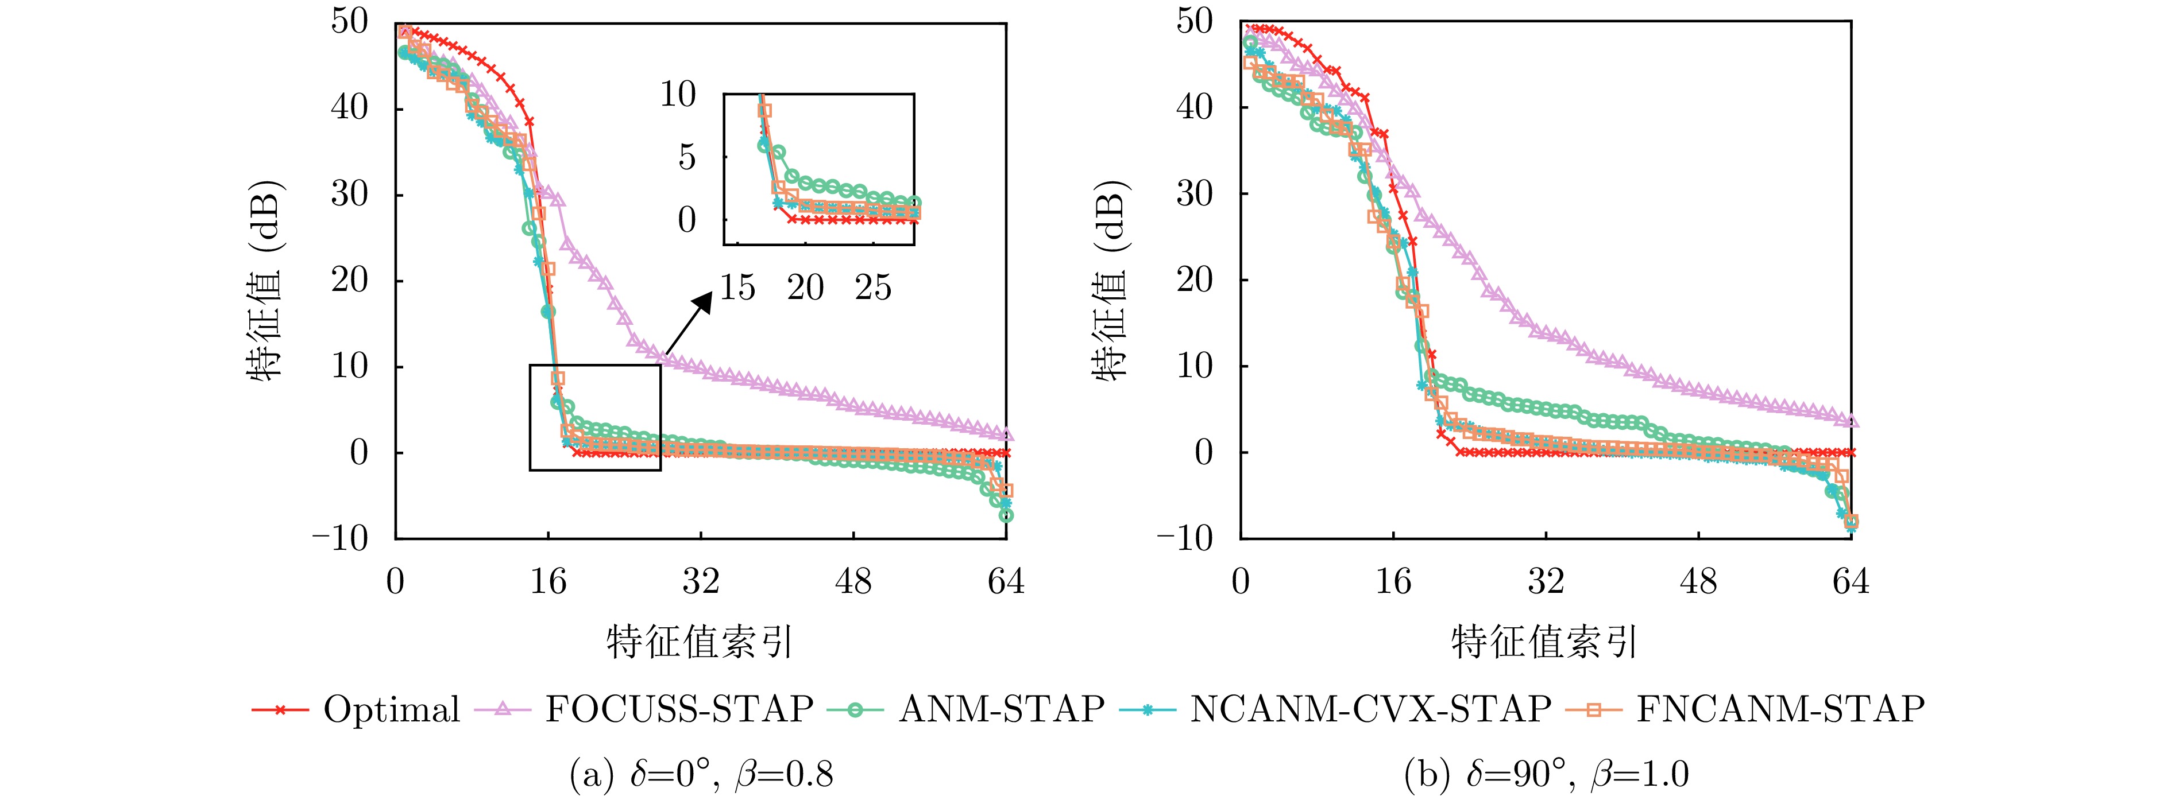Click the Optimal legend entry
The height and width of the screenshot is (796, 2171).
click(392, 709)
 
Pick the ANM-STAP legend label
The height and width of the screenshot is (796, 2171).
click(1001, 709)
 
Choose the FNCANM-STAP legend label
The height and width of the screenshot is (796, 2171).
click(1780, 709)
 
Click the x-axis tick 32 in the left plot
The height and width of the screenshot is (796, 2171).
click(700, 581)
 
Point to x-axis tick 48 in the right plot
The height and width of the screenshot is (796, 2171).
click(1697, 581)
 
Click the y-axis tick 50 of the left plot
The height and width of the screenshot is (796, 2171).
click(350, 21)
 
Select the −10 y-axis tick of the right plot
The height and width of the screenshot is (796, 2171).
click(1185, 537)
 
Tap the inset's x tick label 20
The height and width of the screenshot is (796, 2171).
click(805, 288)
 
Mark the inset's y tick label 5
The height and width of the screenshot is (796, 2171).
click(687, 157)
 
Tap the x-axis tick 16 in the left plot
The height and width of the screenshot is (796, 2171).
click(548, 581)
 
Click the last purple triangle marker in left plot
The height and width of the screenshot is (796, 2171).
click(1006, 434)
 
